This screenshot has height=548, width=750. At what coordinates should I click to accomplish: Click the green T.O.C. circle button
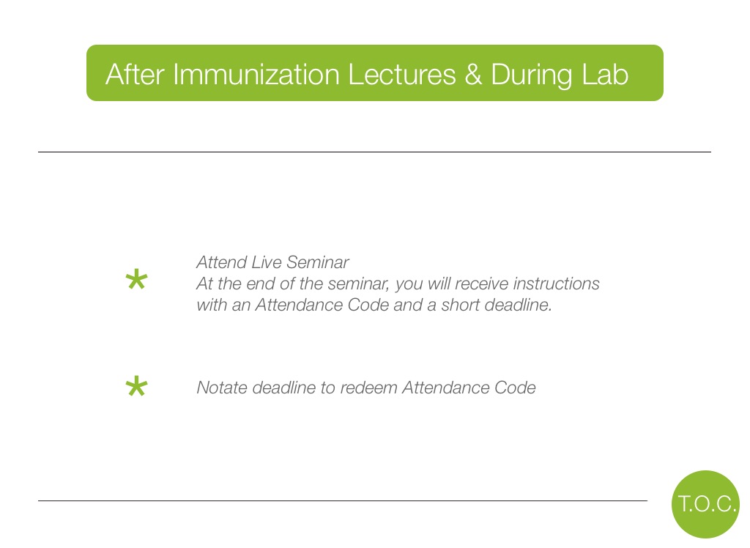(705, 504)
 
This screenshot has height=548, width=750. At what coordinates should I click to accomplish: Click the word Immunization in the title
(256, 75)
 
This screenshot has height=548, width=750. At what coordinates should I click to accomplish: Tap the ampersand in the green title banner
(473, 75)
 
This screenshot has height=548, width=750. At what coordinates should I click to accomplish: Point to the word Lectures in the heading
(402, 75)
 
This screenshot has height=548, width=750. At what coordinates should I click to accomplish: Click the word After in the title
(135, 75)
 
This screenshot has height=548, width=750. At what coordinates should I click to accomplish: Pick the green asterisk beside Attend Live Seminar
(136, 280)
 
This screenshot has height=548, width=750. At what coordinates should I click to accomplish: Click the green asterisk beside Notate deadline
(136, 386)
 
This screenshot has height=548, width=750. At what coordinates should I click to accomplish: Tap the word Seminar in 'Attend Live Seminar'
(318, 262)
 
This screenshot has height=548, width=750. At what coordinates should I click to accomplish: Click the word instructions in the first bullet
(556, 284)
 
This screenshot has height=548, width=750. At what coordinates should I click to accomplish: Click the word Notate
(222, 388)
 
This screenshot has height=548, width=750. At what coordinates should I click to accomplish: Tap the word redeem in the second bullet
(368, 388)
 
